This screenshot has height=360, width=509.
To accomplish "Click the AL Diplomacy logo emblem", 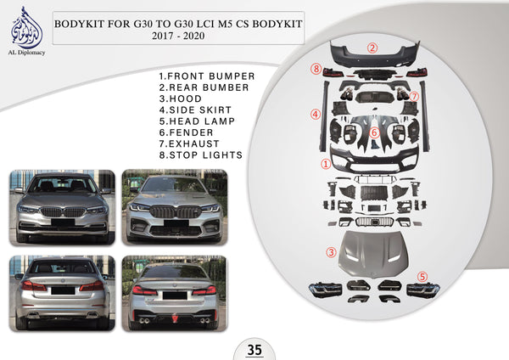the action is point(26,28).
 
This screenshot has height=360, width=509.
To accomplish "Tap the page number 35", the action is point(255,350).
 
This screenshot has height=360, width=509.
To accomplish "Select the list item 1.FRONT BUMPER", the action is point(207,76).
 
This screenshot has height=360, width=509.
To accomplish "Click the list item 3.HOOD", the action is point(181,98).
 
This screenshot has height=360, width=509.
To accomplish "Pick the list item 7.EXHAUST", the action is point(189,143).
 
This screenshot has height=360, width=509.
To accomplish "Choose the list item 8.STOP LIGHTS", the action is point(200,155).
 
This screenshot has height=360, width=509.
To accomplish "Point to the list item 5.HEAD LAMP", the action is point(197,121).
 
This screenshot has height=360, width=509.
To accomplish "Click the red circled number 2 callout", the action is point(372,48).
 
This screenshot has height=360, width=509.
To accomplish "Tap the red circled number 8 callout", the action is point(316,69).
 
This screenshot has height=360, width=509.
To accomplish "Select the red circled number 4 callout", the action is point(316,114).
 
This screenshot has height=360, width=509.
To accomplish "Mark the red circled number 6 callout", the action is point(374,132).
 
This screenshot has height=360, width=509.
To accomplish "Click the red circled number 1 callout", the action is point(326,164).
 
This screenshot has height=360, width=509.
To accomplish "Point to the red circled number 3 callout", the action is point(331,252).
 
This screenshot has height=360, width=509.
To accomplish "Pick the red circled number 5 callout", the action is point(422,277).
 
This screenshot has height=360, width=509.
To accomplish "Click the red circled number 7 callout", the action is point(414,97).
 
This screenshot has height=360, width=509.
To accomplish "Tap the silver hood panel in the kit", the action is point(373,254).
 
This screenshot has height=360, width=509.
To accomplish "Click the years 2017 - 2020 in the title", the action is point(178,36).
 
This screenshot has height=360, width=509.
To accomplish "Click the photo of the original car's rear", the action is point(62,294).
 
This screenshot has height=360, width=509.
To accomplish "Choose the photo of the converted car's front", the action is point(175,207).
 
